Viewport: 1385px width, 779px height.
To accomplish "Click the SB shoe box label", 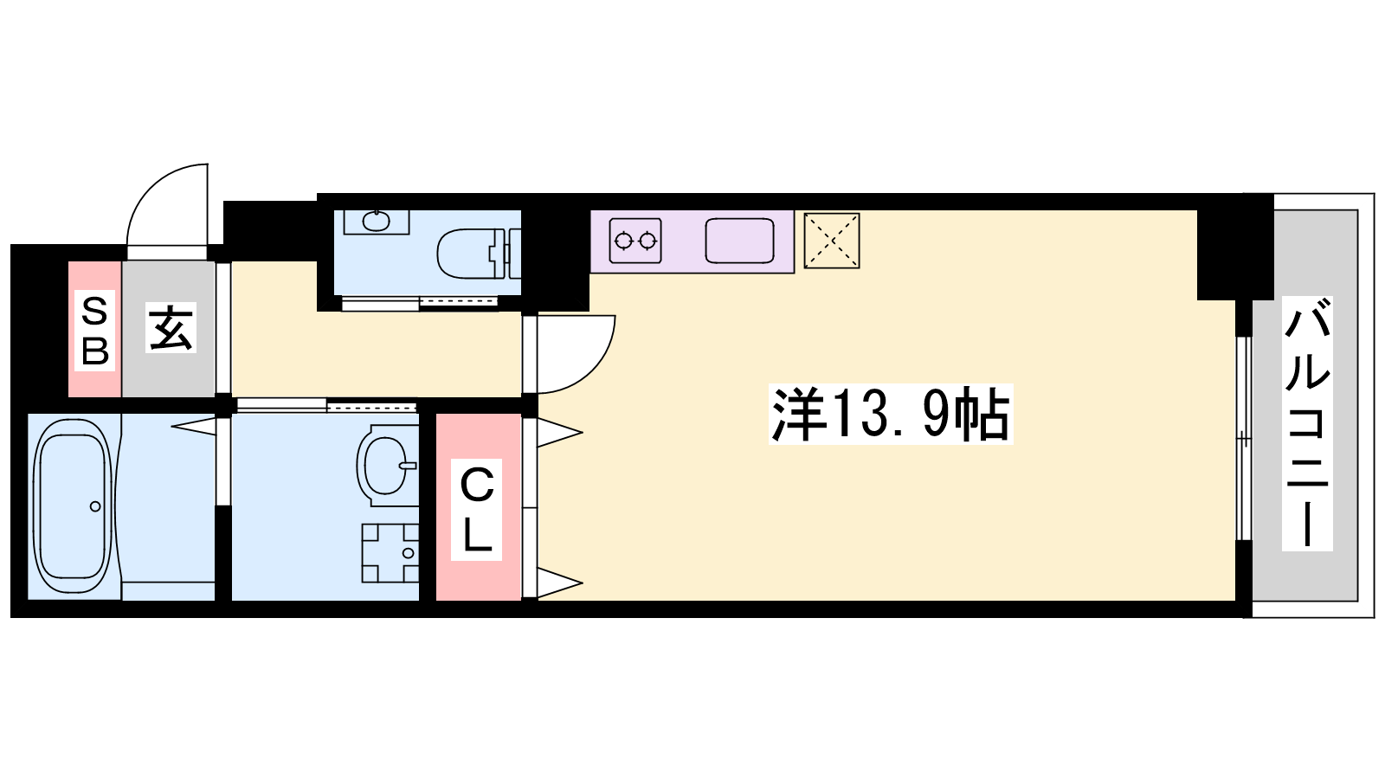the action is pos(94,331).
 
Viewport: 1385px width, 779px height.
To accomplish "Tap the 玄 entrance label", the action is pos(171,328).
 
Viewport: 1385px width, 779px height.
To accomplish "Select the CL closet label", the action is pos(476,510).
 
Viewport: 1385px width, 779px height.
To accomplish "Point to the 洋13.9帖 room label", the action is pos(891,414).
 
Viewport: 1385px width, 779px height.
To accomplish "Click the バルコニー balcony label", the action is pos(1307,423).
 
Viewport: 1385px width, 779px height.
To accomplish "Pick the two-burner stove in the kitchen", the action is pos(635,241).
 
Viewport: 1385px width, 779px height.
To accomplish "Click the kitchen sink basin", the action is pos(739,241).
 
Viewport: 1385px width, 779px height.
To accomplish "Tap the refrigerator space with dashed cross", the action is pos(832,241).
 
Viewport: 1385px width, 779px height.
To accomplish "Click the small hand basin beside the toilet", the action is pos(376,221).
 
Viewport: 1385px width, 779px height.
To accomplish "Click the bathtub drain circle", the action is pos(95,506).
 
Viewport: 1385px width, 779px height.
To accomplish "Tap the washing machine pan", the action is pos(390,553).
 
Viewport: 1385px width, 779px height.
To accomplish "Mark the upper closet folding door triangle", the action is pos(559,433).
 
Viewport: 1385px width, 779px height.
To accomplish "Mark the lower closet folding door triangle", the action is pos(559,583).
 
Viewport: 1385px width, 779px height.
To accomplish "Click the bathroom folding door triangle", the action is pos(194,426).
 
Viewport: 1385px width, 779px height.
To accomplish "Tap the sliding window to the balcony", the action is pos(1243,438).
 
